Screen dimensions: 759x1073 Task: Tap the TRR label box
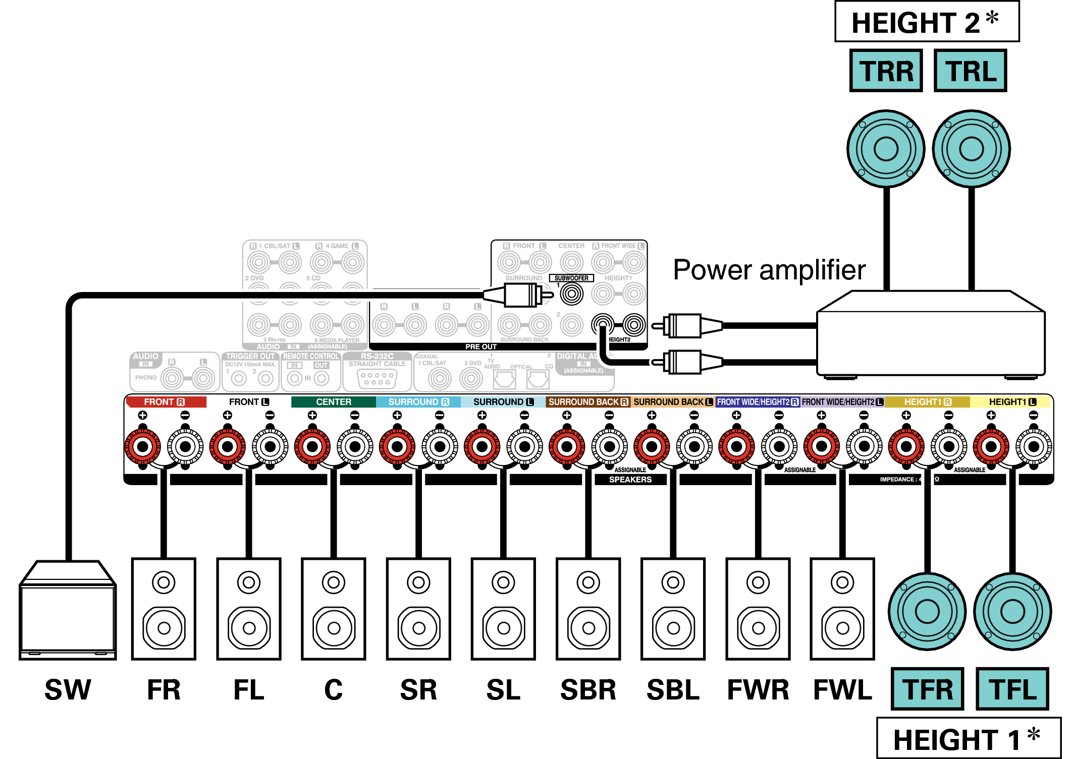pos(886,71)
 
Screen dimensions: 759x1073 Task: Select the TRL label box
pos(970,71)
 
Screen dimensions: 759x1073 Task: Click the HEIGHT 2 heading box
pos(927,22)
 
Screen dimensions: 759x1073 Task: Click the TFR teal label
pos(927,689)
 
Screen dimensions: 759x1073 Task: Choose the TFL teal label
pos(1012,689)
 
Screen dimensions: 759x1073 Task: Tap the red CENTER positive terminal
pos(312,446)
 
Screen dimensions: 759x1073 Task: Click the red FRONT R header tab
pos(166,402)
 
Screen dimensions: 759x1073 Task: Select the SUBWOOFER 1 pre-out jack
pos(571,294)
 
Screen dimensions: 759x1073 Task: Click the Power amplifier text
pos(769,270)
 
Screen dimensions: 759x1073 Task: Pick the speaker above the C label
pos(333,609)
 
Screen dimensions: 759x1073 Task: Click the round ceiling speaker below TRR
pos(886,149)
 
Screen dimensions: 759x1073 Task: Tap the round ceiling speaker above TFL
pos(1012,611)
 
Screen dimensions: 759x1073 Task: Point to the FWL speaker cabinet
pos(842,609)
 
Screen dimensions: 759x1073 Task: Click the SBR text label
pos(588,690)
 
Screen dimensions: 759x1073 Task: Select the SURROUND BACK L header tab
pos(673,402)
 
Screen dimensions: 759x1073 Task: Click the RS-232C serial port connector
pos(377,379)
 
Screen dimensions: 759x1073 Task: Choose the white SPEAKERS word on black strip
pos(630,480)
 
